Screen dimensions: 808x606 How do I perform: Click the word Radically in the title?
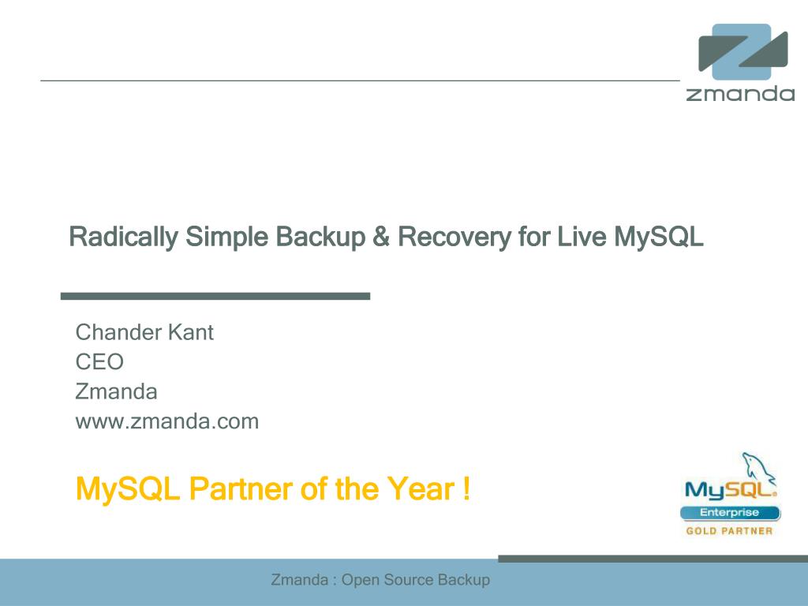pyautogui.click(x=124, y=237)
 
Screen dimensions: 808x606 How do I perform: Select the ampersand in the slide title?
pyautogui.click(x=381, y=237)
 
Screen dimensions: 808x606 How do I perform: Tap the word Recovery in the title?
pyautogui.click(x=454, y=237)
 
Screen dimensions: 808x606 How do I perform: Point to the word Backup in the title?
pyautogui.click(x=320, y=237)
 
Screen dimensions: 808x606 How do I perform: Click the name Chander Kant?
pyautogui.click(x=144, y=332)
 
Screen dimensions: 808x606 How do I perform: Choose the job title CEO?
pyautogui.click(x=99, y=361)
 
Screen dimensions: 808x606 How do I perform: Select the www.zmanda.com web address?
pyautogui.click(x=167, y=421)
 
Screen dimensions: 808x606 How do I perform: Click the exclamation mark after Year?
pyautogui.click(x=466, y=488)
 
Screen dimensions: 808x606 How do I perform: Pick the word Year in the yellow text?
pyautogui.click(x=421, y=488)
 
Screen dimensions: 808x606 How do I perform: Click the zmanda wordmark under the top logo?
pyautogui.click(x=740, y=93)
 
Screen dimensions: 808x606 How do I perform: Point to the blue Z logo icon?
pyautogui.click(x=743, y=51)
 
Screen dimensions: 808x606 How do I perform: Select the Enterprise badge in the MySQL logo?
pyautogui.click(x=730, y=513)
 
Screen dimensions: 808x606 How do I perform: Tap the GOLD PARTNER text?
pyautogui.click(x=729, y=531)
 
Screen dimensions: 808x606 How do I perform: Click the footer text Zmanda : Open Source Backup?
pyautogui.click(x=380, y=580)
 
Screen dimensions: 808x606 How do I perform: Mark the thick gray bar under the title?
pyautogui.click(x=215, y=297)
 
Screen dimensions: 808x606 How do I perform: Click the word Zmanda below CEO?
pyautogui.click(x=117, y=391)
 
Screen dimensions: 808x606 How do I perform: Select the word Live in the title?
pyautogui.click(x=582, y=237)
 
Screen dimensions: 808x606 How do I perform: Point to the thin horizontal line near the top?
pyautogui.click(x=360, y=80)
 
